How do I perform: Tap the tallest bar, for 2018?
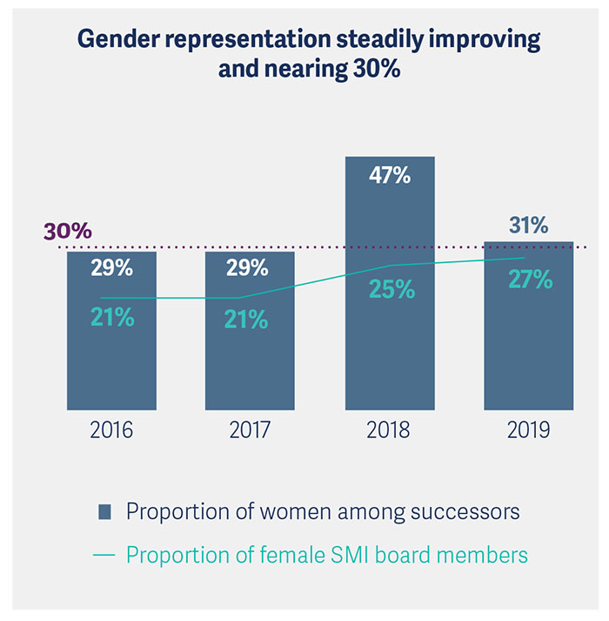tap(389, 348)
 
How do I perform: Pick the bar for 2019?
tap(528, 357)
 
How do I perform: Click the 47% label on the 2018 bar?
tap(389, 176)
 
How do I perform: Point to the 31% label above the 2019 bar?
tap(528, 226)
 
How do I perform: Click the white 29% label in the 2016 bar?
tap(111, 268)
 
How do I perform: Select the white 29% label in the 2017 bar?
tap(247, 268)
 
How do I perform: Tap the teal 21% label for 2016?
tap(112, 318)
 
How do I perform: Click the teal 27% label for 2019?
tap(530, 280)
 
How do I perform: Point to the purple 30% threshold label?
tap(67, 232)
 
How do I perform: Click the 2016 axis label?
tap(111, 430)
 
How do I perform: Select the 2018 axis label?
tap(389, 430)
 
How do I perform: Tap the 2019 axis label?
tap(528, 430)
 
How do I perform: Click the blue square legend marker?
tap(105, 510)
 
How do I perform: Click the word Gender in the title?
tap(117, 40)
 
